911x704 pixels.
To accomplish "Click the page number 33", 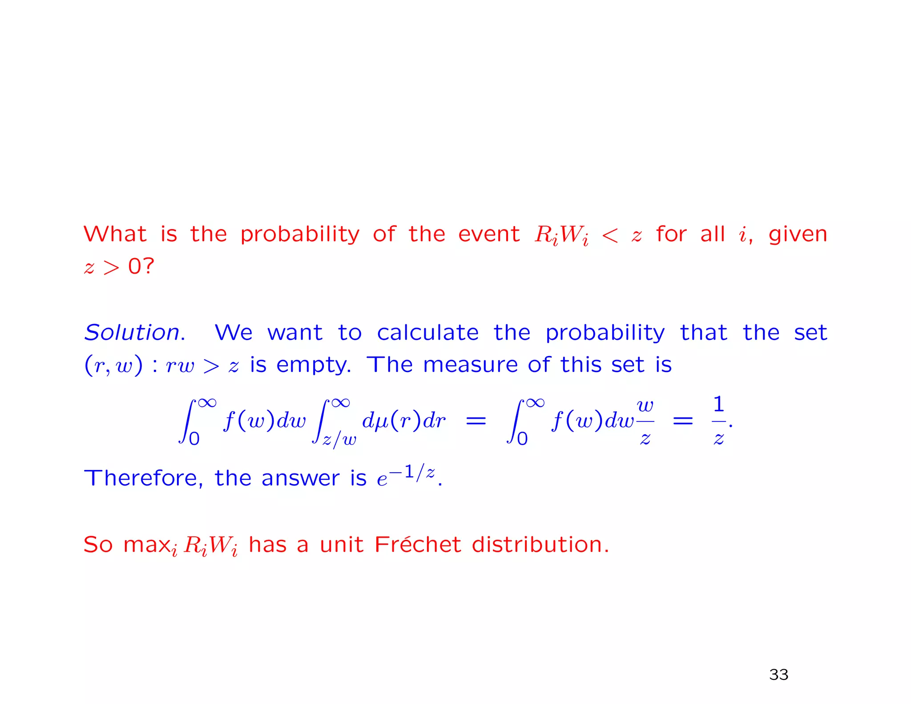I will [x=778, y=675].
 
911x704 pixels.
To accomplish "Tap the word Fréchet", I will [x=417, y=544].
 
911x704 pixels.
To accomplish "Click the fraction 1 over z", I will [x=718, y=421].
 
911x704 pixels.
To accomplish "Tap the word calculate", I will [x=427, y=332].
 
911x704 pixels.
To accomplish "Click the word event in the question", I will [x=488, y=234].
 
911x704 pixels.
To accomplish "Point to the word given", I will [x=798, y=234].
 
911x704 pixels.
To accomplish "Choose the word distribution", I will [x=540, y=544].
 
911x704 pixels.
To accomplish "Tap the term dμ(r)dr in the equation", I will [x=403, y=420].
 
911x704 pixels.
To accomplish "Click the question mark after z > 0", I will [x=149, y=266].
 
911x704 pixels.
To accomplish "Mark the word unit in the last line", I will [x=341, y=544].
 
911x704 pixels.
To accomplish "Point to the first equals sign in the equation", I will [x=476, y=421].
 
